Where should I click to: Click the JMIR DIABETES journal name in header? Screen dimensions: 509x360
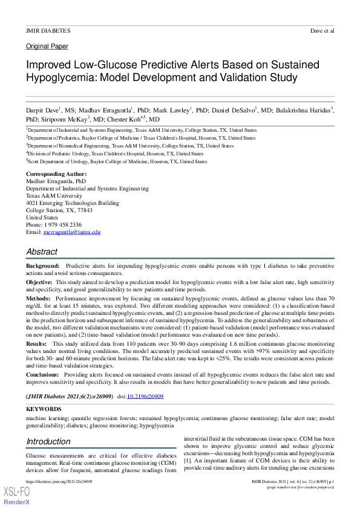pos(48,30)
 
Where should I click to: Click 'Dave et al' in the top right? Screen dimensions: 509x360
pos(322,30)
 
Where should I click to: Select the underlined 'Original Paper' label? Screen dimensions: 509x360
pos(47,47)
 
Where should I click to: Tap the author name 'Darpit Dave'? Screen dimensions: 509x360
pos(41,111)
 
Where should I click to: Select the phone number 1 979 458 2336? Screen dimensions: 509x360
pos(62,225)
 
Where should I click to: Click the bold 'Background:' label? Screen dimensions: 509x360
pos(42,266)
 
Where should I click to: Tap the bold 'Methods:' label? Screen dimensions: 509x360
pos(39,299)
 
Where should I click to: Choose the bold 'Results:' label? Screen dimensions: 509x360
pos(38,344)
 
